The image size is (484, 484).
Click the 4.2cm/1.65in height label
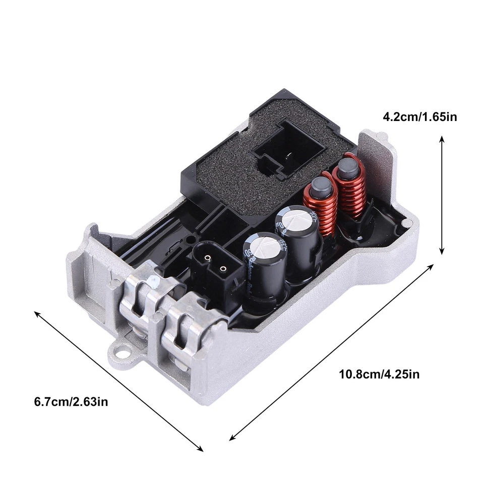pyautogui.click(x=420, y=117)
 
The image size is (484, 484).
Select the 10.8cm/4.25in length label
pyautogui.click(x=379, y=374)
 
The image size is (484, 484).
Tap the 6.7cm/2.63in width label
pyautogui.click(x=71, y=402)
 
